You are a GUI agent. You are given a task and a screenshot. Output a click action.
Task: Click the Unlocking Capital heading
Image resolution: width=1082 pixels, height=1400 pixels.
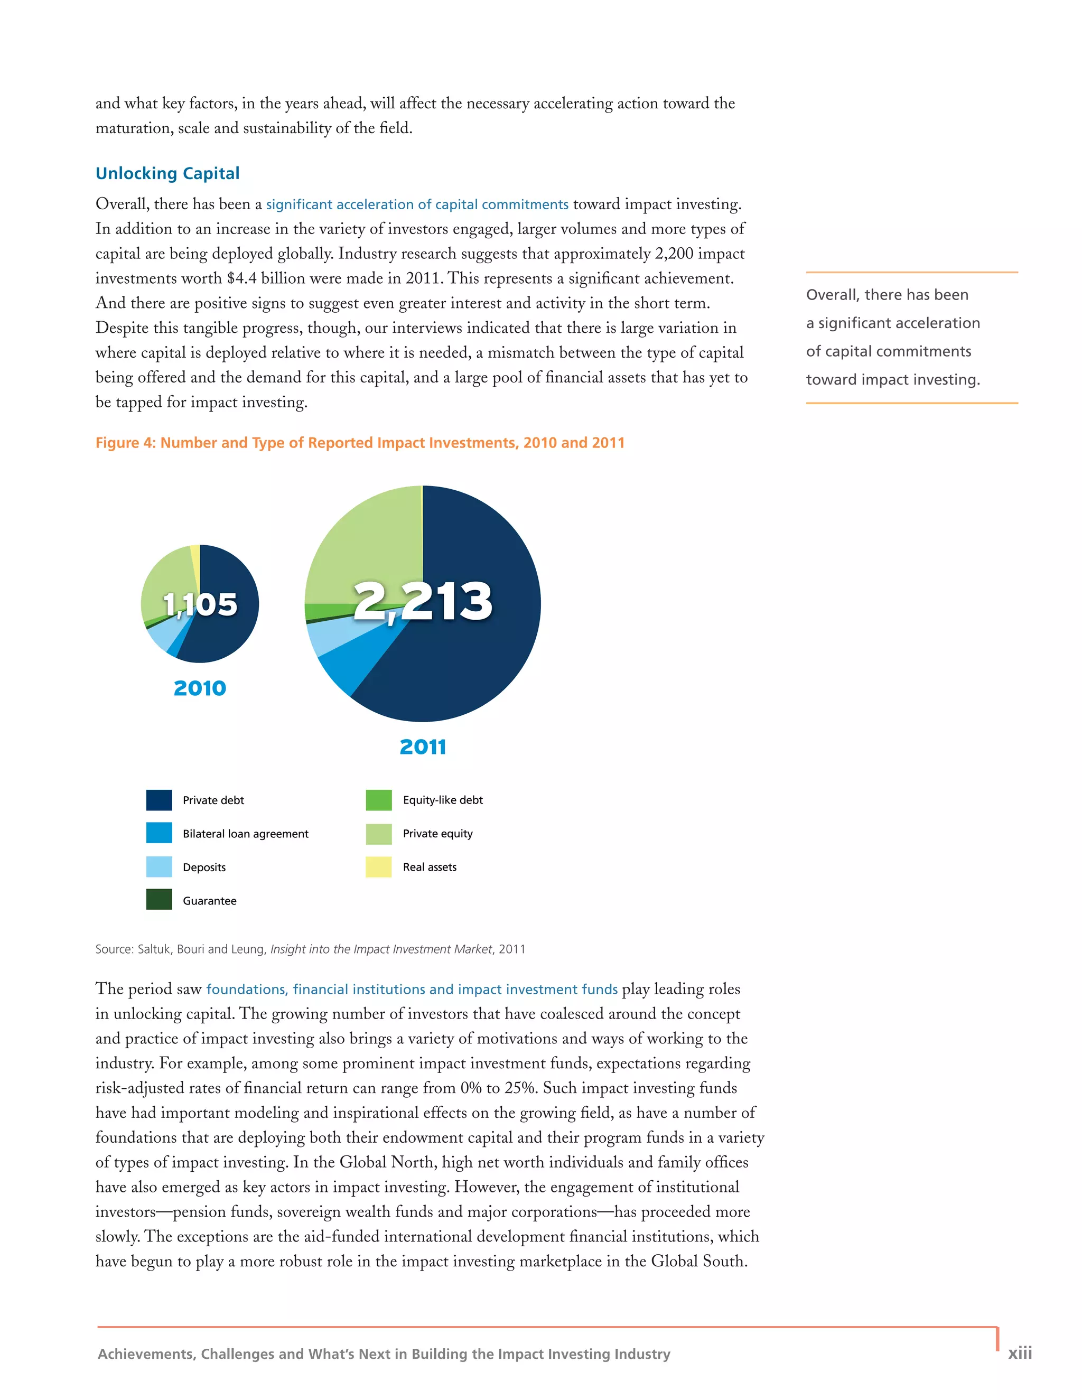[167, 173]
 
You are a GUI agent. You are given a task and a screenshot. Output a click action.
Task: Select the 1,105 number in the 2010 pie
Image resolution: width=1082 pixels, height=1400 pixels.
[200, 604]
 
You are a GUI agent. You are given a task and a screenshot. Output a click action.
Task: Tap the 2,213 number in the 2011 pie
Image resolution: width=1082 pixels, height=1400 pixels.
[423, 601]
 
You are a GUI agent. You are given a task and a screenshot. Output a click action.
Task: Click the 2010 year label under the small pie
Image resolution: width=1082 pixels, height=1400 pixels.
[200, 688]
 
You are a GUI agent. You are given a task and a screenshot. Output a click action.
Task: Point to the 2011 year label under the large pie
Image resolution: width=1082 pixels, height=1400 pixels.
[423, 747]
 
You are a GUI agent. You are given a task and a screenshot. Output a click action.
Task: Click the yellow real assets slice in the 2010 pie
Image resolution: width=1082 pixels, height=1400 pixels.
[195, 564]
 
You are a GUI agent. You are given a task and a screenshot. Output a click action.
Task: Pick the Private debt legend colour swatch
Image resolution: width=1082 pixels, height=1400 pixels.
[159, 800]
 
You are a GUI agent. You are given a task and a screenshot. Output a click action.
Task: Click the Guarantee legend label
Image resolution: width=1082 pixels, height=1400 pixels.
[209, 901]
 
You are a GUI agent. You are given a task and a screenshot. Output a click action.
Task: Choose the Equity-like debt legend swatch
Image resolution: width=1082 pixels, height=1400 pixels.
[379, 800]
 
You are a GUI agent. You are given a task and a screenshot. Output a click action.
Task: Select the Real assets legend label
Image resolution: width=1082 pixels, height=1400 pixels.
[430, 867]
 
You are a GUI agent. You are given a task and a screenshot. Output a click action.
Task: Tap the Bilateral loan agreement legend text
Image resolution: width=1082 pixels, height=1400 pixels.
[246, 834]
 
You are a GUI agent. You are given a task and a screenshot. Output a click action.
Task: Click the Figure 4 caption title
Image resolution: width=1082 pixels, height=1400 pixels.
[360, 443]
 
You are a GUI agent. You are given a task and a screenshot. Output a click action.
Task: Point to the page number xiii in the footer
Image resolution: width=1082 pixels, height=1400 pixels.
[1019, 1352]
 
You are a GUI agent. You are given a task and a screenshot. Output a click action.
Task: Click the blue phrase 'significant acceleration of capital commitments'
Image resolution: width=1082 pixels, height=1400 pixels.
[417, 204]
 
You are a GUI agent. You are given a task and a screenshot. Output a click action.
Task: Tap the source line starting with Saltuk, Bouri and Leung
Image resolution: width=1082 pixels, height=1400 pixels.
[310, 949]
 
